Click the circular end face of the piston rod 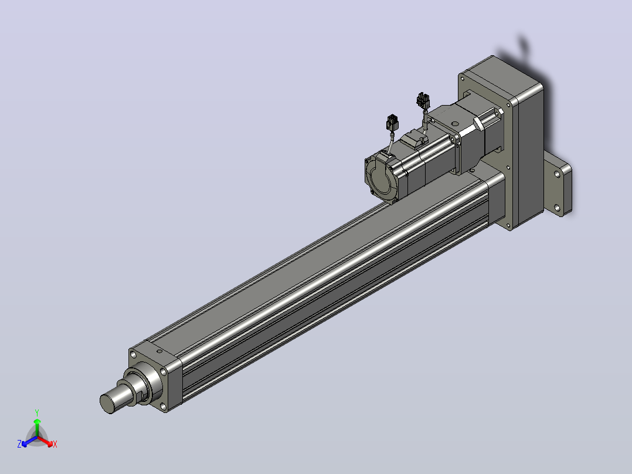[x=108, y=404]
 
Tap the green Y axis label [x=37, y=412]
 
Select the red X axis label [x=55, y=444]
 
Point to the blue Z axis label [x=19, y=443]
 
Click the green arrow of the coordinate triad [x=37, y=427]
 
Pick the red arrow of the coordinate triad [x=45, y=441]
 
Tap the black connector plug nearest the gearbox [x=423, y=100]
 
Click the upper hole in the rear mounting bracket [x=556, y=175]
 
